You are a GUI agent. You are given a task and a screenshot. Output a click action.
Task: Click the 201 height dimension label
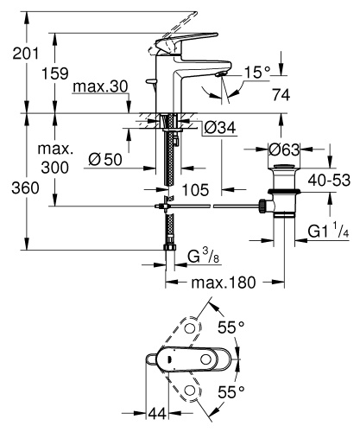pyautogui.click(x=25, y=54)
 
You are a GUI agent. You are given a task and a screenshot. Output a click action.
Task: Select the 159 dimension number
pyautogui.click(x=55, y=73)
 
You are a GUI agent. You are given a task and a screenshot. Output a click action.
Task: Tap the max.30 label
pyautogui.click(x=100, y=86)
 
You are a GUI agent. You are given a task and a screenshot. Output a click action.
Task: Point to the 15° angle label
pyautogui.click(x=257, y=72)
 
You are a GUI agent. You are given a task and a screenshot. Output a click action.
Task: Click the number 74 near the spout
pyautogui.click(x=281, y=94)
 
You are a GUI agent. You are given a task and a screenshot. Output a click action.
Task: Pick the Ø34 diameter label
pyautogui.click(x=220, y=128)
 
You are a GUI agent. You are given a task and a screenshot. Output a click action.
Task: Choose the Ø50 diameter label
pyautogui.click(x=105, y=159)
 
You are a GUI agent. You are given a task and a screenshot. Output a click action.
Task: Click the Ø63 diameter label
pyautogui.click(x=284, y=149)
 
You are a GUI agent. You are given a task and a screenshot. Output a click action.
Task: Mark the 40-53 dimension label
pyautogui.click(x=329, y=181)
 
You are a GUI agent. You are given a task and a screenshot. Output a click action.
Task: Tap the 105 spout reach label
pyautogui.click(x=195, y=190)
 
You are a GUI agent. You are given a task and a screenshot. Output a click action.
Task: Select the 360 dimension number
pyautogui.click(x=25, y=188)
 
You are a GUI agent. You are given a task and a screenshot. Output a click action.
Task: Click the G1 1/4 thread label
pyautogui.click(x=329, y=231)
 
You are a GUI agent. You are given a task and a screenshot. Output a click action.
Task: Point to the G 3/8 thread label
pyautogui.click(x=204, y=257)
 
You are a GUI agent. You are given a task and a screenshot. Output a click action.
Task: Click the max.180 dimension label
pyautogui.click(x=224, y=283)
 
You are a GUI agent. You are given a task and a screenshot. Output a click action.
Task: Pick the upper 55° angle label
pyautogui.click(x=231, y=327)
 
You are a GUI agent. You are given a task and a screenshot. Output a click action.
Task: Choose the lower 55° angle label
pyautogui.click(x=231, y=392)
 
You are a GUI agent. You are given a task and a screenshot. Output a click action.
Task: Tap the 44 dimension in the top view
pyautogui.click(x=157, y=414)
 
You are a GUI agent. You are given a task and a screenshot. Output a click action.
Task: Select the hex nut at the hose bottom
pyautogui.click(x=170, y=248)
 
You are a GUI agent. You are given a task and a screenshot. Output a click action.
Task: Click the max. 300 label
pyautogui.click(x=55, y=158)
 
